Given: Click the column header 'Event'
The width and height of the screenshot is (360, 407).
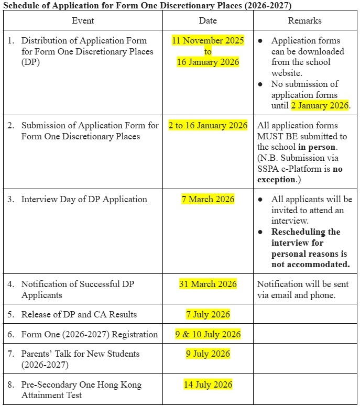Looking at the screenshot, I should pos(83,20).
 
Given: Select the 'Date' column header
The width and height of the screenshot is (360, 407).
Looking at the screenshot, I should pos(208,20).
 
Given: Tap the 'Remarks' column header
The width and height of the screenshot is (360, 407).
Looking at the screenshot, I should pos(304,20).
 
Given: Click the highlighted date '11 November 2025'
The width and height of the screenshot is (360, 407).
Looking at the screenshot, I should pos(208,40).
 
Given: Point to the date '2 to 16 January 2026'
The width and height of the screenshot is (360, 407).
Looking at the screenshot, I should pos(208,126).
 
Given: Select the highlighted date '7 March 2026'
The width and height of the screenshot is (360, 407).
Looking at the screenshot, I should pos(208,200).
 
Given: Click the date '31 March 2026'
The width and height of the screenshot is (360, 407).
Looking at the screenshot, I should pos(208,284).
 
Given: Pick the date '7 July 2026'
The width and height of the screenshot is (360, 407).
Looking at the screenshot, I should pos(208,314).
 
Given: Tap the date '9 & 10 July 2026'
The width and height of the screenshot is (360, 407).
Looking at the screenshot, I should pos(208,334).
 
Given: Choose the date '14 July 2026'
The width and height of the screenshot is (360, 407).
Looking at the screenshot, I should pos(208,384).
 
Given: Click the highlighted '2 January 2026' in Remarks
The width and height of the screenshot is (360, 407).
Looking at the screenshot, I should pos(320,105).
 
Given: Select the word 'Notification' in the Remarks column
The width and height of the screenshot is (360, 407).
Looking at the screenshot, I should pos(279,284).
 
